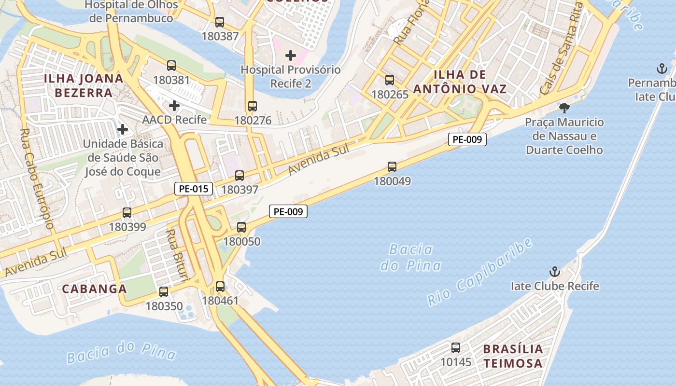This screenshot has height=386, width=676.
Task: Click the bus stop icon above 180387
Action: [220, 22]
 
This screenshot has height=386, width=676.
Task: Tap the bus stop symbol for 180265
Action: [390, 80]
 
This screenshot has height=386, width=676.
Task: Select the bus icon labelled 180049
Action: [392, 167]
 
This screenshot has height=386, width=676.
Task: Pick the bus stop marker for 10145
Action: [455, 347]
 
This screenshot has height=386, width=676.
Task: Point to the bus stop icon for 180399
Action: [127, 212]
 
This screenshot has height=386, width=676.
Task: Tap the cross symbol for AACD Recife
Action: [174, 105]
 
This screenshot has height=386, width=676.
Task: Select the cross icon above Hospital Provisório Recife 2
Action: [291, 55]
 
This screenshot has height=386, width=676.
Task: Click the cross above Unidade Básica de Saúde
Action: [123, 129]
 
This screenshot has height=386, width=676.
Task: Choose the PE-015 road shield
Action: [194, 189]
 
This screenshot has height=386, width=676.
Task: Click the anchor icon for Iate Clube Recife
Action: [555, 272]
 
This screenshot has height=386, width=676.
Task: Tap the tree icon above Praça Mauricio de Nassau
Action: [564, 108]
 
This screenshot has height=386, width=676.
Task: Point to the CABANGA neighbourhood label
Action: [95, 289]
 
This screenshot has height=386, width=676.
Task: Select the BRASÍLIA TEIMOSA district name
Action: [513, 356]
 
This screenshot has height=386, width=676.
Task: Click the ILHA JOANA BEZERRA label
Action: [84, 85]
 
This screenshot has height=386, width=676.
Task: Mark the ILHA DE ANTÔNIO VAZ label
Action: [460, 82]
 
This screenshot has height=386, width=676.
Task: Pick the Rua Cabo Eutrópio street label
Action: [37, 179]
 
